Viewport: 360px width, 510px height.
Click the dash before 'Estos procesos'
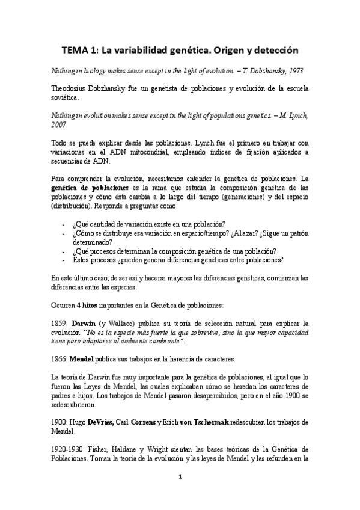(x=64, y=260)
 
